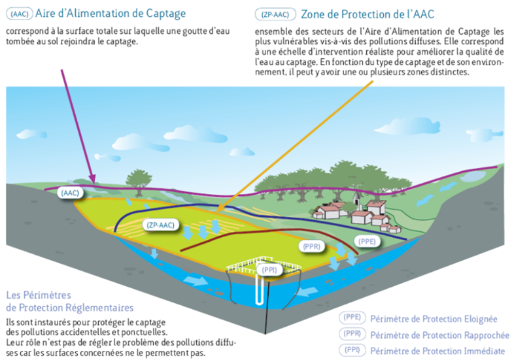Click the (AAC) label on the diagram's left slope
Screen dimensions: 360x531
click(x=69, y=193)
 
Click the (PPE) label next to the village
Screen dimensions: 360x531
click(x=366, y=241)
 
